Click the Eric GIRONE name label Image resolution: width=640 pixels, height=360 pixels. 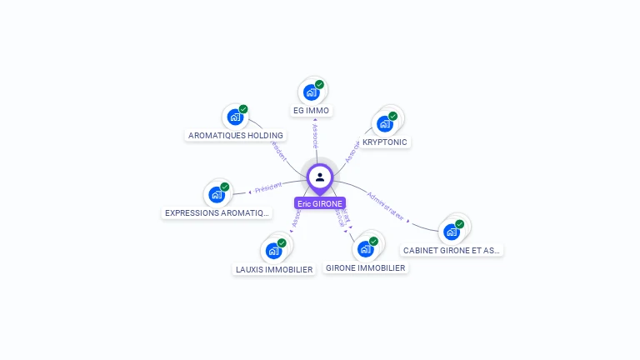(x=320, y=203)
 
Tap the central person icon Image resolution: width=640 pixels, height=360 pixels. (x=320, y=177)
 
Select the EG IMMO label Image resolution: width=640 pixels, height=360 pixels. (x=312, y=110)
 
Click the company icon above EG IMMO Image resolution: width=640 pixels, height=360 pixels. (x=312, y=92)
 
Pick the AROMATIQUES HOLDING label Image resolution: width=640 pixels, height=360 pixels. (x=236, y=135)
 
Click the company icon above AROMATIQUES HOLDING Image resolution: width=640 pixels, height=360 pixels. (x=236, y=117)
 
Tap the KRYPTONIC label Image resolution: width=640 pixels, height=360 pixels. (x=385, y=142)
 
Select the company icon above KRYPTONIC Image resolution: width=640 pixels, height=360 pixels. (x=384, y=123)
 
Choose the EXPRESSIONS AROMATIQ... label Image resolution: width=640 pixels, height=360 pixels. (x=217, y=212)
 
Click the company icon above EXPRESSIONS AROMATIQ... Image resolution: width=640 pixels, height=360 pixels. (x=217, y=195)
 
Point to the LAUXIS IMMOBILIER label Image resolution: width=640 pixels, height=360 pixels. (x=274, y=269)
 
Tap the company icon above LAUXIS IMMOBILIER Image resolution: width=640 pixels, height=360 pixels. (x=273, y=250)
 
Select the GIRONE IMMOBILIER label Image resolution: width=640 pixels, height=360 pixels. (x=366, y=268)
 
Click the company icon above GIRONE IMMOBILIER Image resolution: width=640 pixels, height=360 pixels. (x=365, y=248)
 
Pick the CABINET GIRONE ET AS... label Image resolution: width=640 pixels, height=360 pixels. (x=452, y=250)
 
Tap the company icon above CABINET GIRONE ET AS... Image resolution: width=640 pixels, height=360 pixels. (x=452, y=231)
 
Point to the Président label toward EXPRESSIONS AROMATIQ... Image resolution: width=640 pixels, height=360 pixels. (x=269, y=188)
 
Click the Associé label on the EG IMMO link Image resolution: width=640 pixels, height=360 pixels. (x=314, y=137)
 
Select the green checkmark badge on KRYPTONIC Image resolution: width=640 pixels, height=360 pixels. (x=392, y=116)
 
